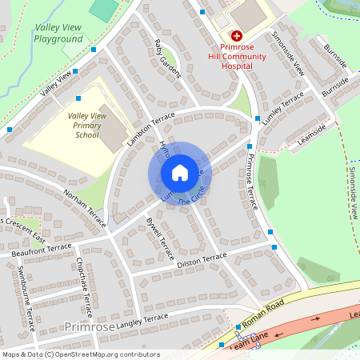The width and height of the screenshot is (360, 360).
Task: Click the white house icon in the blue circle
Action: [180, 172]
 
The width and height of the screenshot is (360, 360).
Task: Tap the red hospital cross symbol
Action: [237, 36]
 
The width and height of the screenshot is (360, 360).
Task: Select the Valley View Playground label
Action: [58, 33]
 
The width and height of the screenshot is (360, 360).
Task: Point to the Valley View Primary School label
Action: [87, 126]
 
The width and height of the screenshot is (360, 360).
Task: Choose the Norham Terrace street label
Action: [85, 207]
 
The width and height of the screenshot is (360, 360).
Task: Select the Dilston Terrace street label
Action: [202, 259]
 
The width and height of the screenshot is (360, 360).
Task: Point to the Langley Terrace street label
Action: [142, 321]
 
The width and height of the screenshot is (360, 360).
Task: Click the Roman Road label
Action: [263, 310]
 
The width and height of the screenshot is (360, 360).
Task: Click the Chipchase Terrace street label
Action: [84, 281]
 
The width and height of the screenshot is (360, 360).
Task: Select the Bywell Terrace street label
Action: [159, 237]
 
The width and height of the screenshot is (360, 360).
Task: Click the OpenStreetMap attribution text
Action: [80, 354]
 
